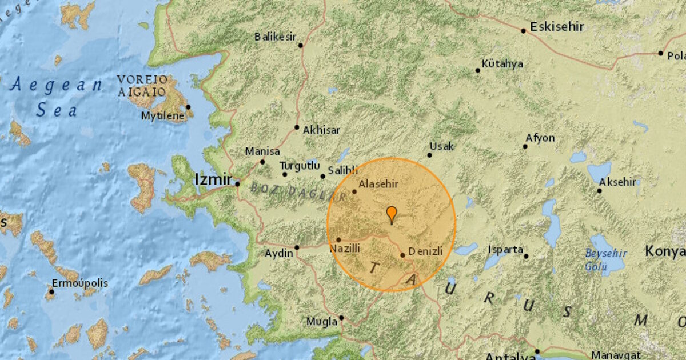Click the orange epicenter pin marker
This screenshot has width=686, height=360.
(392, 214)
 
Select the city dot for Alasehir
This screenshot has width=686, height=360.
(354, 191)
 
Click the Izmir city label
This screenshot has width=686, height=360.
(213, 179)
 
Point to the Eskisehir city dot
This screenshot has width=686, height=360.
(523, 31)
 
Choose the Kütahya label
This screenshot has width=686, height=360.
(502, 63)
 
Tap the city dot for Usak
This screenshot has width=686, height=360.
(430, 155)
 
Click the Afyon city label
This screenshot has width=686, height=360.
(540, 138)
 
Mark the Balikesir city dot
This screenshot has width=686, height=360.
(301, 45)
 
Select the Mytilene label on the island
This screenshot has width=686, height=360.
(163, 116)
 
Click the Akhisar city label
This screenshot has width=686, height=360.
(321, 130)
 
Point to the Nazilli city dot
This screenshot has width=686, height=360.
(338, 240)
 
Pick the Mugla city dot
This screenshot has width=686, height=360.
(341, 318)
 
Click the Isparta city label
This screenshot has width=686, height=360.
(506, 250)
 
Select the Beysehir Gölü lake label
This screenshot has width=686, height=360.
(606, 259)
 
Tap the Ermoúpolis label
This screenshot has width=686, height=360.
(79, 283)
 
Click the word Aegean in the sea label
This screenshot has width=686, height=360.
(56, 86)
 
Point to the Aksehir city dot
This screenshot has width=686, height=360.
(599, 190)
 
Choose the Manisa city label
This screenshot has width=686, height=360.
(262, 151)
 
